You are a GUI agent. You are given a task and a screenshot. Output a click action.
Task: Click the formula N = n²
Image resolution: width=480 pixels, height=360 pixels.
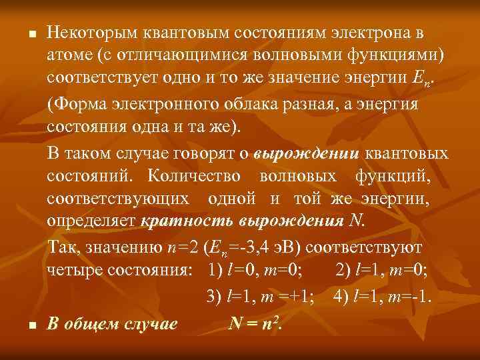pyautogui.click(x=255, y=323)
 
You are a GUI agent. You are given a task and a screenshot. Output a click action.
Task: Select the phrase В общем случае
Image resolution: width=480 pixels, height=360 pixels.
pyautogui.click(x=112, y=324)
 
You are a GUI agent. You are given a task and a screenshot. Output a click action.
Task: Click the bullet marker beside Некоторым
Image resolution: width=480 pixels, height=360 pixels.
pyautogui.click(x=22, y=33)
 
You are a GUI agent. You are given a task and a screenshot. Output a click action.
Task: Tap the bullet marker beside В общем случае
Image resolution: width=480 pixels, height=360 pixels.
pyautogui.click(x=22, y=325)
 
